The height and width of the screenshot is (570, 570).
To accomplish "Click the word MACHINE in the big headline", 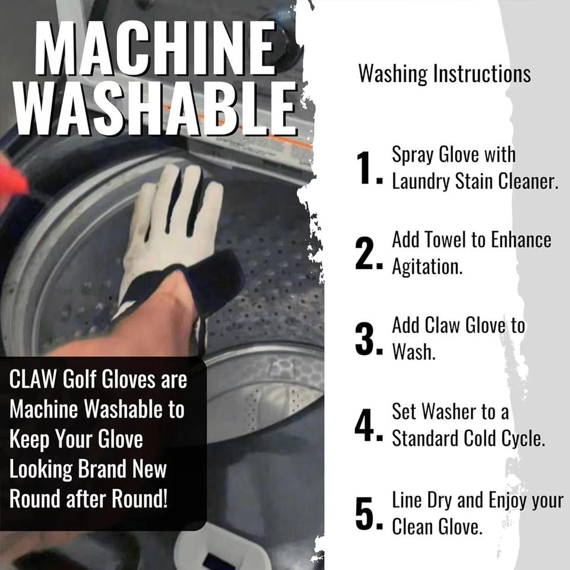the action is (155, 47).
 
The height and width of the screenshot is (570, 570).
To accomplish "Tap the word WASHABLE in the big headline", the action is (155, 108).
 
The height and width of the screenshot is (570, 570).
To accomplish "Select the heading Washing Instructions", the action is (444, 74).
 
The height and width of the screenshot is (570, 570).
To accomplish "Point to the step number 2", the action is (367, 254).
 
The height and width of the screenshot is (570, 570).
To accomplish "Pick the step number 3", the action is (367, 339).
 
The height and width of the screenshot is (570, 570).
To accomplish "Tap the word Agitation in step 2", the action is (427, 267).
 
